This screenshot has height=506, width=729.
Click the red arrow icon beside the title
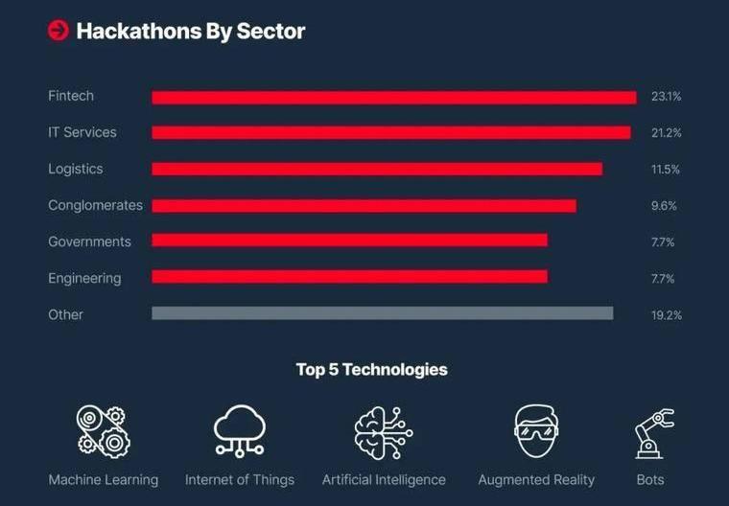click(59, 32)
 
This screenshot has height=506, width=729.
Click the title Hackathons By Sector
click(190, 32)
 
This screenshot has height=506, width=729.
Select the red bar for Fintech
click(393, 97)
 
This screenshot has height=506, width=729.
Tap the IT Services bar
click(390, 132)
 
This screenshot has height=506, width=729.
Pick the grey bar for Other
click(382, 313)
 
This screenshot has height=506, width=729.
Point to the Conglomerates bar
click(364, 206)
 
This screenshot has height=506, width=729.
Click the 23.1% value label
click(666, 97)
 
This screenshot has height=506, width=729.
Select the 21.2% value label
click(666, 133)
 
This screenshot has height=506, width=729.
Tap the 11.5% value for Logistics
click(666, 170)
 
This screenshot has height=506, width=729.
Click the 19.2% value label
click(666, 315)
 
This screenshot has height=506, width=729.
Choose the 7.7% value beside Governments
click(663, 242)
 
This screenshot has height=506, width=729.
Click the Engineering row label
click(84, 279)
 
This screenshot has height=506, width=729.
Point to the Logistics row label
click(75, 170)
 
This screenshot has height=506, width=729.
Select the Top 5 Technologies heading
click(371, 369)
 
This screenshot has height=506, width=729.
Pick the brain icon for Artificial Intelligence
click(383, 431)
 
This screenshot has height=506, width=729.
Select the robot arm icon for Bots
click(652, 432)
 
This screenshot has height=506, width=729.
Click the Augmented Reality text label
click(536, 479)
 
